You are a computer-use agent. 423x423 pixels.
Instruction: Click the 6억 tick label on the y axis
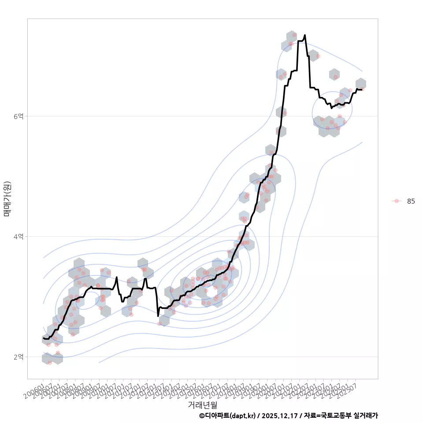pos(19,116)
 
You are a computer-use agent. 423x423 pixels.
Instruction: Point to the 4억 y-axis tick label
pos(19,236)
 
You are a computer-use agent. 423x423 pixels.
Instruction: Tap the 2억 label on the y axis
pos(19,356)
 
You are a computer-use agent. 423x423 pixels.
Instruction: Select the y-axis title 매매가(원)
pos(7,198)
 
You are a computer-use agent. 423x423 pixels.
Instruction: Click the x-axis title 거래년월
pos(202,404)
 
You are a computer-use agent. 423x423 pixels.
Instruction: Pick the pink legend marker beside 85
pos(397,201)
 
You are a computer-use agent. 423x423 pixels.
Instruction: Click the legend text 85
pos(411,201)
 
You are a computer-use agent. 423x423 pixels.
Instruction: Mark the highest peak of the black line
pos(304,35)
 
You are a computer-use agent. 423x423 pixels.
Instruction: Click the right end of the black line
pos(362,89)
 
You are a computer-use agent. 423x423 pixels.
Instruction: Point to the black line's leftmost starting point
pos(43,338)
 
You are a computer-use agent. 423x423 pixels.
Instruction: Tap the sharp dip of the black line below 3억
pos(158,315)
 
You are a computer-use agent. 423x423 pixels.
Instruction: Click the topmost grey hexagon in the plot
pos(291,36)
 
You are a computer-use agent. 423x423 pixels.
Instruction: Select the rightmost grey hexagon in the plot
pos(360,84)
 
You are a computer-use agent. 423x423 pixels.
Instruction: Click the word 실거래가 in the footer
pos(366,416)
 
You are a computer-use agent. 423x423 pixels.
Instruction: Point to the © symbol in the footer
pos(202,416)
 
